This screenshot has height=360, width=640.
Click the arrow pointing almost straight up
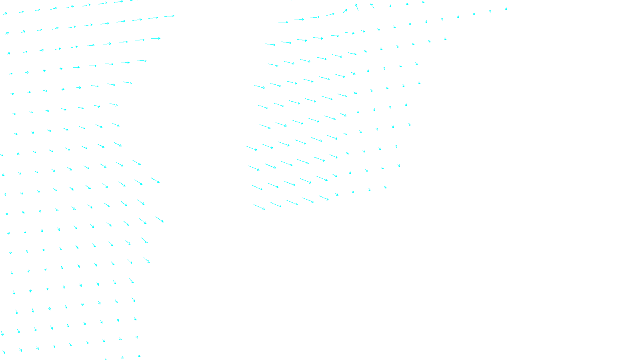point(357,7)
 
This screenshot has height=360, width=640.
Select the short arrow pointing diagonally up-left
point(372,6)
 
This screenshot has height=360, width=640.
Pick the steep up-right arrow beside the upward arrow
point(344,11)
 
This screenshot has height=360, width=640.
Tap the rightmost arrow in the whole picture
point(506,8)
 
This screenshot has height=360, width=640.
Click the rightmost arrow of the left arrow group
point(170,16)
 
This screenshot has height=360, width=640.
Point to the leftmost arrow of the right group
point(252,148)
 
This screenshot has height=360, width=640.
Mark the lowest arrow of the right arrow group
point(259,207)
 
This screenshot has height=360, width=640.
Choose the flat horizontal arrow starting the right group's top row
point(283,22)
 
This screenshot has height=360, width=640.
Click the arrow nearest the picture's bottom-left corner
point(4,352)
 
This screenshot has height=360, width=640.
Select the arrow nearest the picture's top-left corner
point(5,14)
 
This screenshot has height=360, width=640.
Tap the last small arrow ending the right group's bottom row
point(385,187)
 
